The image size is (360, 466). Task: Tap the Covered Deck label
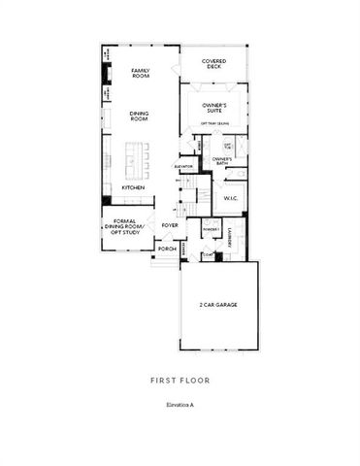214,64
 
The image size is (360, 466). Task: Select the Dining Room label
139,116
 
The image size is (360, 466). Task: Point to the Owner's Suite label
214,107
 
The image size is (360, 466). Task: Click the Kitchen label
133,187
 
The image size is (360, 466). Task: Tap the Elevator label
185,167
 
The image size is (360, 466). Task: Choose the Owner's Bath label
221,161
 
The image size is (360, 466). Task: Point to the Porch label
167,249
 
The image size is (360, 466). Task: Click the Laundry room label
230,237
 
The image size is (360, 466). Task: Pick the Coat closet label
207,255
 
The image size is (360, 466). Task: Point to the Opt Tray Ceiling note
214,124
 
